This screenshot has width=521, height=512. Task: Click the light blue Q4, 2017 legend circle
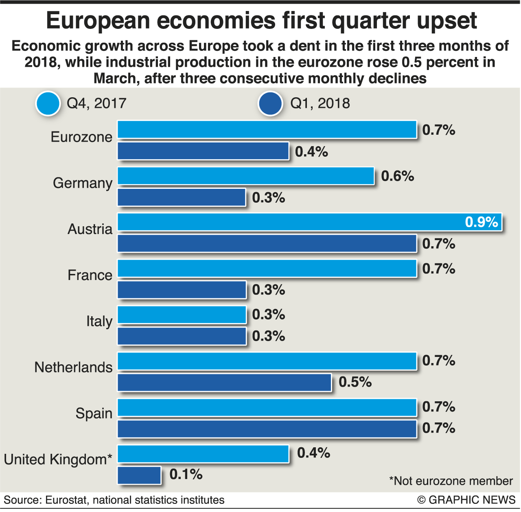tap(48, 103)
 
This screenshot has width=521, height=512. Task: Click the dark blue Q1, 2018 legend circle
tap(270, 103)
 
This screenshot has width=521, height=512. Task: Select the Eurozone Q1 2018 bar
tap(203, 151)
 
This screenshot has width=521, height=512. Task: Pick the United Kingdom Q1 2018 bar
tap(139, 475)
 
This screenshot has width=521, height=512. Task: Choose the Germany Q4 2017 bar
tap(246, 176)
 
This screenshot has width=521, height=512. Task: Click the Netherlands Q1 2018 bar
tap(224, 383)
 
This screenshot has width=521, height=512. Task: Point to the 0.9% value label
tap(482, 222)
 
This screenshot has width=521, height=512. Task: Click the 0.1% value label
tap(186, 474)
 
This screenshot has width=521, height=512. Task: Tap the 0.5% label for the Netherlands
tap(355, 382)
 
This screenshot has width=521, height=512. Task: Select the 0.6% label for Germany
tap(397, 176)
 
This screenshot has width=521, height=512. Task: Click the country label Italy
tap(99, 322)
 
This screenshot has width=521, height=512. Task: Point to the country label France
tap(90, 276)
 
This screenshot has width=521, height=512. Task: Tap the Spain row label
tap(94, 414)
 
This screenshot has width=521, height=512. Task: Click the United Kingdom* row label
tap(58, 459)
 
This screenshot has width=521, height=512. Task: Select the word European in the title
tap(98, 20)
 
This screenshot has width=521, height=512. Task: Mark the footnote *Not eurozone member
tap(451, 481)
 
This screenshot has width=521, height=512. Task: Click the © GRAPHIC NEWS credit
tap(466, 500)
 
